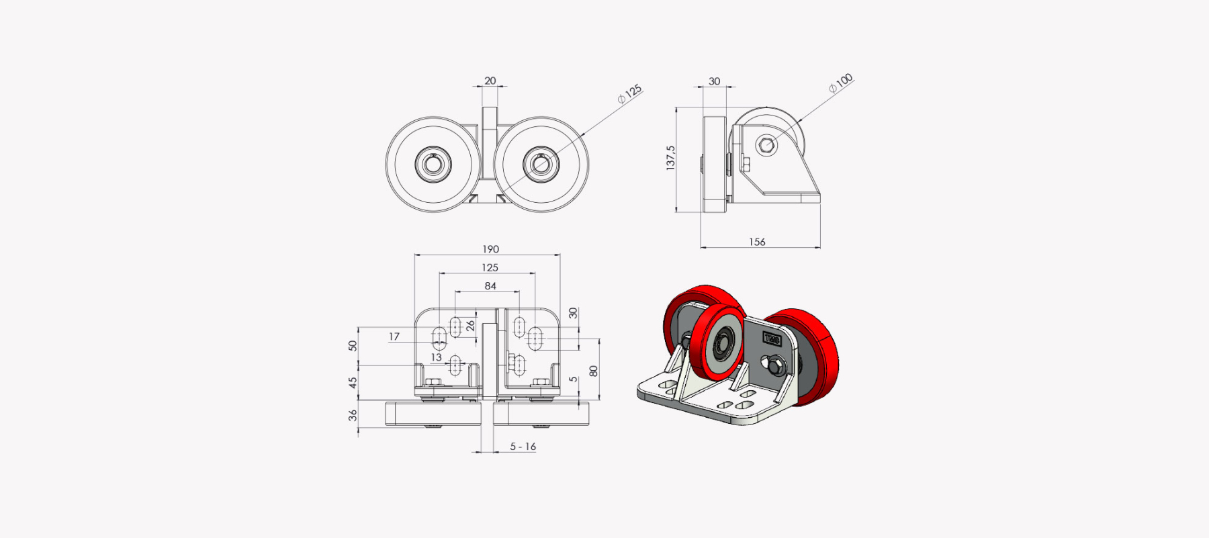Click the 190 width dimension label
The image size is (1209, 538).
click(x=490, y=249)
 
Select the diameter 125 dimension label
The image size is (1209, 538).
click(x=630, y=93)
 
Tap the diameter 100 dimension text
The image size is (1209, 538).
click(x=840, y=83)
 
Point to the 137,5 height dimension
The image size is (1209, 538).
click(x=670, y=158)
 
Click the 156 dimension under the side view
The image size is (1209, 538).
click(x=757, y=242)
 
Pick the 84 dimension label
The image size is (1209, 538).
click(x=490, y=286)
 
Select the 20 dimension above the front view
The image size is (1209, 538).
click(x=490, y=81)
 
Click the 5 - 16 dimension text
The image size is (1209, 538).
click(x=523, y=447)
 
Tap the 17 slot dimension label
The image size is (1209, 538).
click(x=394, y=337)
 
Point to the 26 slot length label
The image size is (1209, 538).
click(x=470, y=326)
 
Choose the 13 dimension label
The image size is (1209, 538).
click(x=437, y=357)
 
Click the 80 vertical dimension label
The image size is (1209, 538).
click(x=593, y=371)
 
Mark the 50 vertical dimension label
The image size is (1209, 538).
click(x=353, y=345)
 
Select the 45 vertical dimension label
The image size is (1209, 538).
click(x=353, y=382)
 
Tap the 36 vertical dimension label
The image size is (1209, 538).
click(x=353, y=415)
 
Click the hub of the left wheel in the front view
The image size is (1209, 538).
click(x=433, y=164)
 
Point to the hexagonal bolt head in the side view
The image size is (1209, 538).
click(x=766, y=144)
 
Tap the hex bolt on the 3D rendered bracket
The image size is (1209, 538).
click(x=776, y=365)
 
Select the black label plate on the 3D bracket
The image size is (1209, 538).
click(x=772, y=339)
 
